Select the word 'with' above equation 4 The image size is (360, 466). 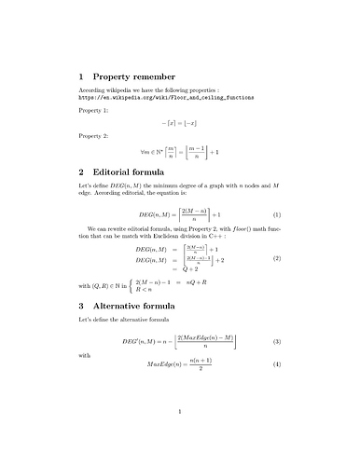86,354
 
